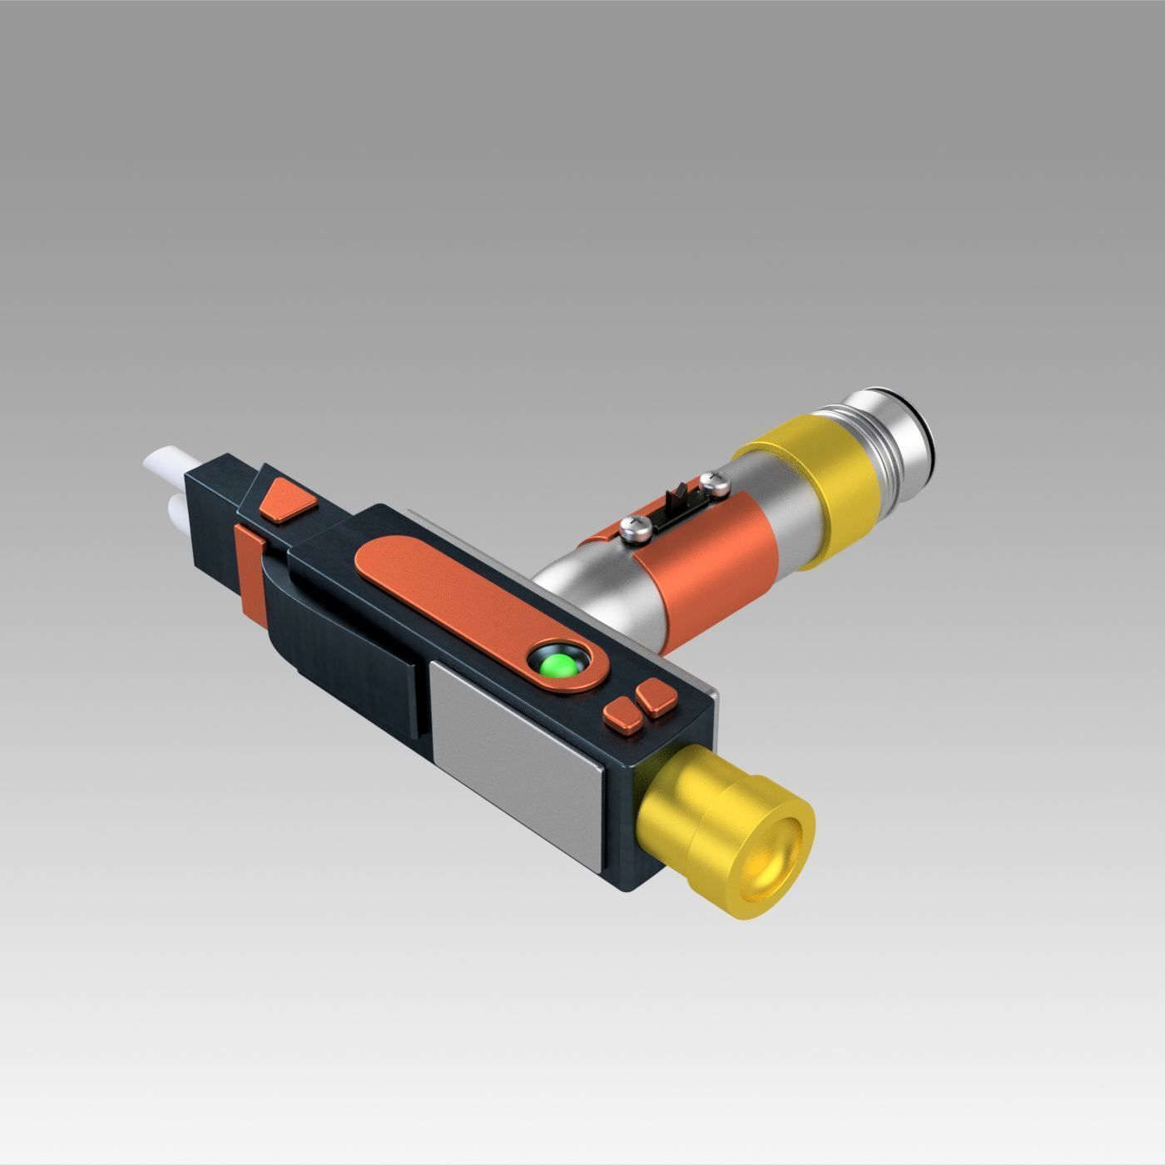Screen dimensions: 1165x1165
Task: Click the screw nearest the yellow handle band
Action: pos(713,480)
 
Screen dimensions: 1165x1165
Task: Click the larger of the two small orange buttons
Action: pos(656,697)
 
